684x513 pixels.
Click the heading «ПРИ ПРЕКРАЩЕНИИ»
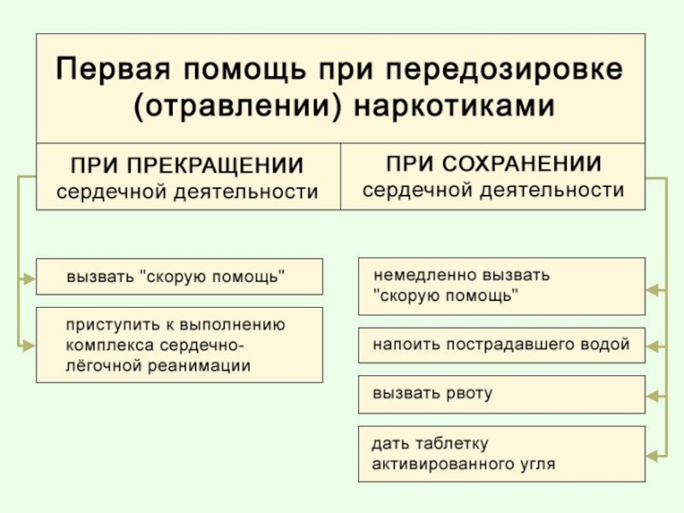pos(186,165)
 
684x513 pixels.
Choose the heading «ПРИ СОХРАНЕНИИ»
pos(493,162)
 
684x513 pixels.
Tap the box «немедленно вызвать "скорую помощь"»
pos(501,286)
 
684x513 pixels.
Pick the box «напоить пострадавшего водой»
pos(501,345)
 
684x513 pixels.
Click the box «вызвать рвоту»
pos(501,393)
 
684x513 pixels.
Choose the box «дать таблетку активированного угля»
pos(501,454)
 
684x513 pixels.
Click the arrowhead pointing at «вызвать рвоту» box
pos(653,396)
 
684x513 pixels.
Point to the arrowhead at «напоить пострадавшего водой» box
pos(653,346)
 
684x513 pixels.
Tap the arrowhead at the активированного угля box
pos(653,456)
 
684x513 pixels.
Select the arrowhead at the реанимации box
pos(28,345)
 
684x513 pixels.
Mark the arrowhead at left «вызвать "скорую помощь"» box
pos(28,278)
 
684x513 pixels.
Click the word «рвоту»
pos(469,393)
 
